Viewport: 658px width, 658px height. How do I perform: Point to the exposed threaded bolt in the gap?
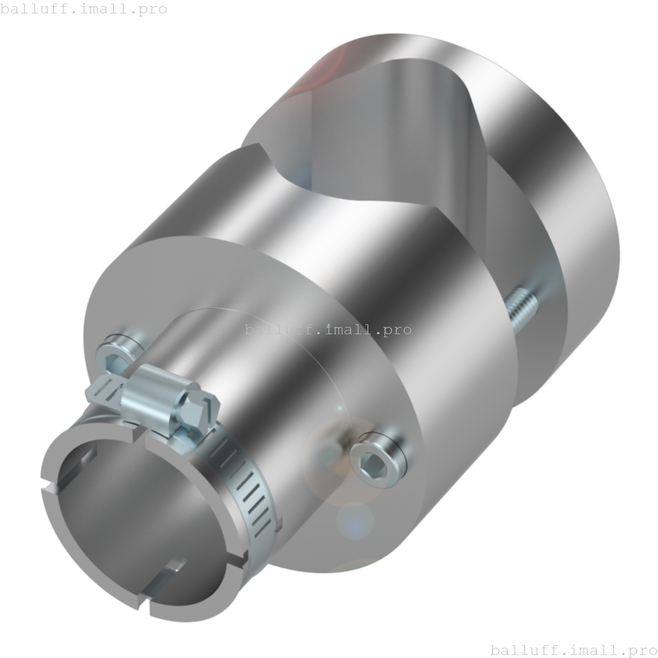(522, 308)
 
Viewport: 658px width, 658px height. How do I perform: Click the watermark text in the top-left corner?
(83, 9)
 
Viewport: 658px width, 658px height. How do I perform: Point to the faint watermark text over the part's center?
(327, 330)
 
